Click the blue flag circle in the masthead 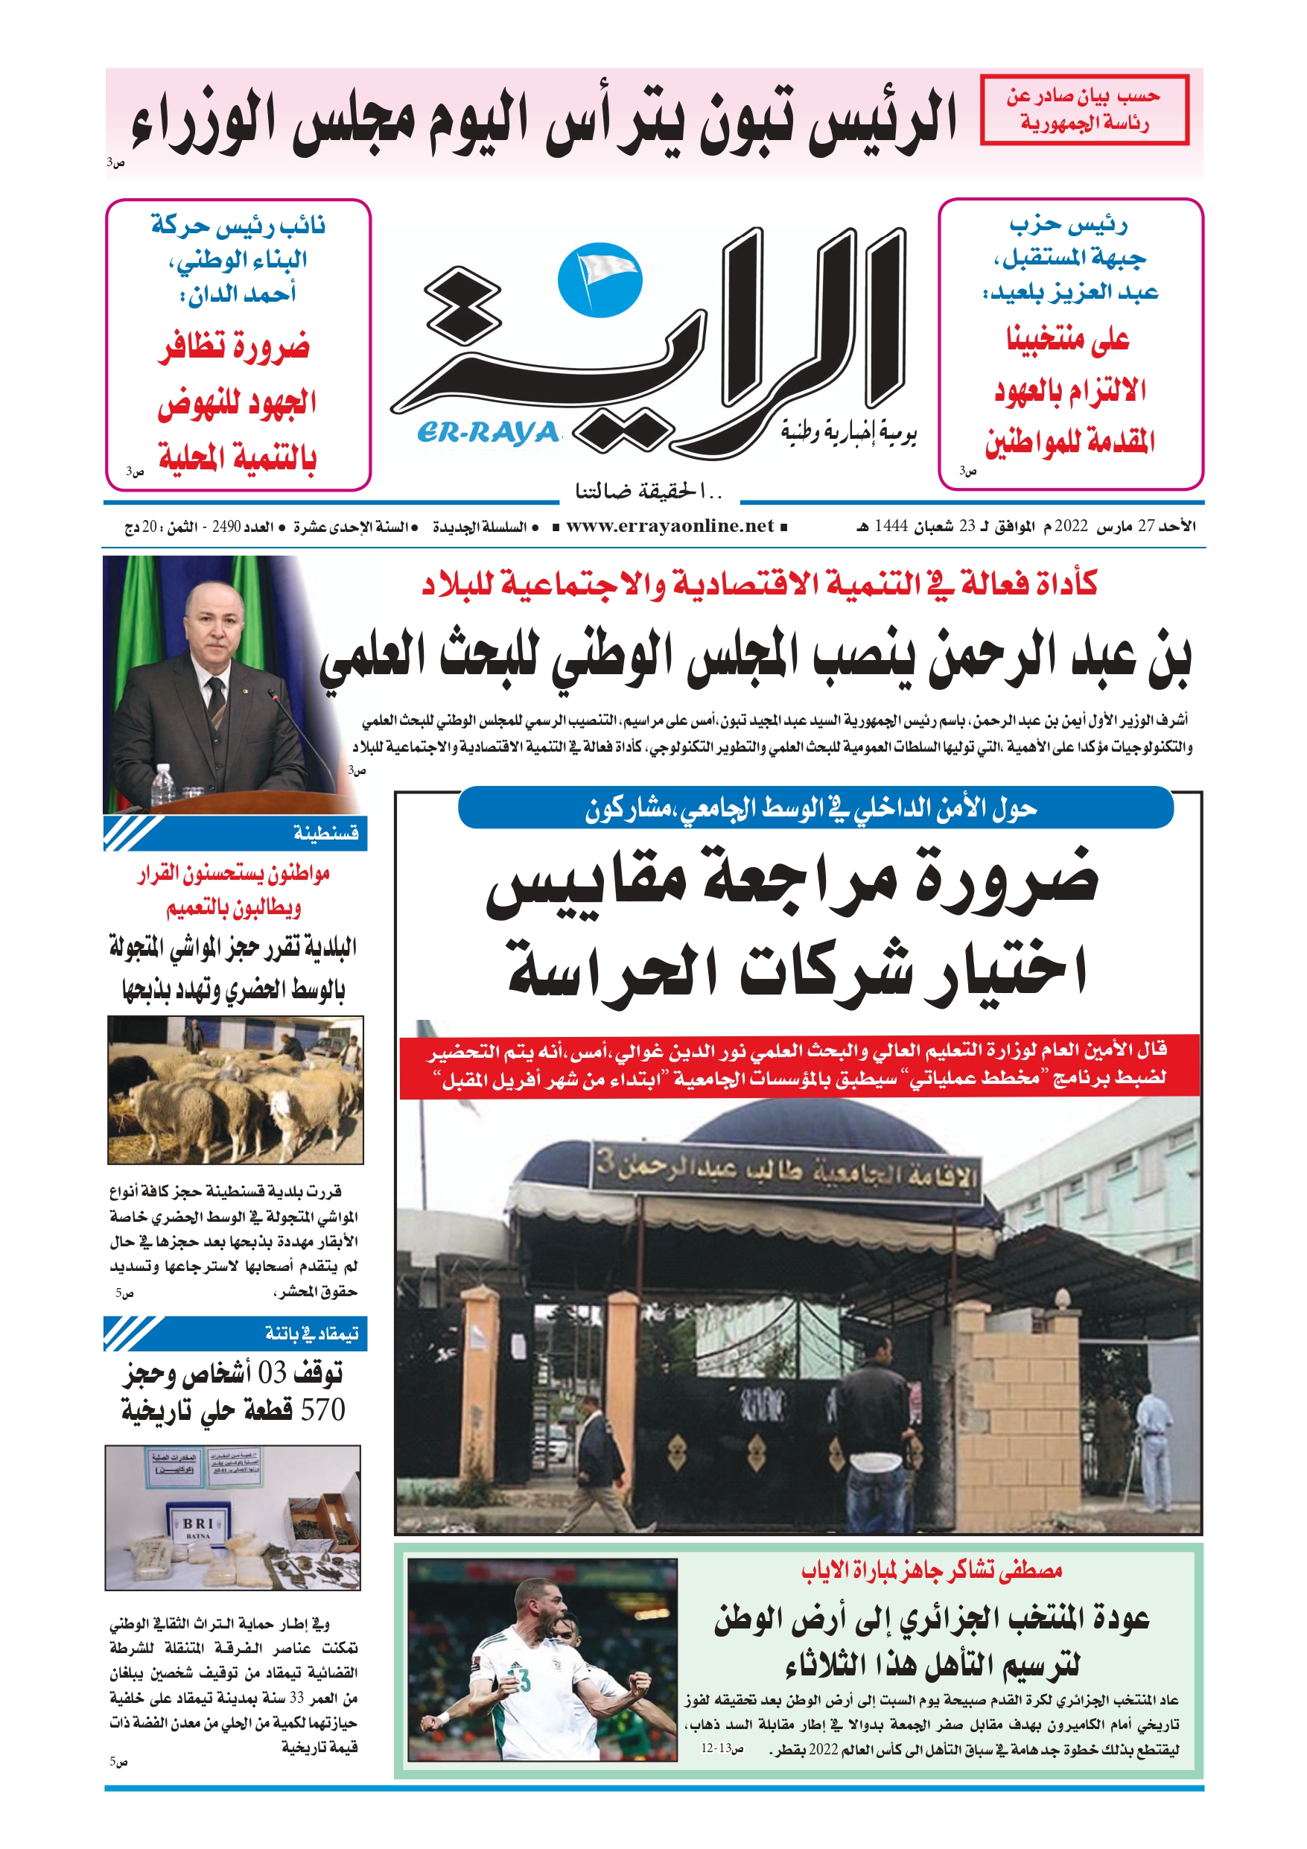(x=600, y=280)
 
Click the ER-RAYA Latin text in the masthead (x=488, y=433)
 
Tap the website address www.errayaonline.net (x=670, y=527)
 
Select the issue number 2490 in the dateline (x=226, y=527)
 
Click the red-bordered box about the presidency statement (x=1084, y=110)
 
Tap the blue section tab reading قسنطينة (x=325, y=833)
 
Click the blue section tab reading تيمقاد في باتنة (x=311, y=1333)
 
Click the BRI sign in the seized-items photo (x=198, y=1523)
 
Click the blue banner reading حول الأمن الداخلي (x=814, y=807)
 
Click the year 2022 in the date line (x=1071, y=527)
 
